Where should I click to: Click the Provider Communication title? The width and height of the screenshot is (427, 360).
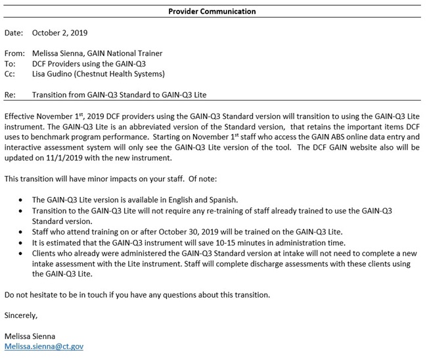coord(212,11)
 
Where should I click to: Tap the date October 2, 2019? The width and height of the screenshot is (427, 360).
coord(60,32)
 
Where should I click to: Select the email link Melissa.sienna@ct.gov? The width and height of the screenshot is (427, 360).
coord(44,346)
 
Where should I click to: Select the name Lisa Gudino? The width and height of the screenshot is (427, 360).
coord(55,74)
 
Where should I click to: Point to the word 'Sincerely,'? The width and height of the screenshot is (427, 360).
coord(21,315)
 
